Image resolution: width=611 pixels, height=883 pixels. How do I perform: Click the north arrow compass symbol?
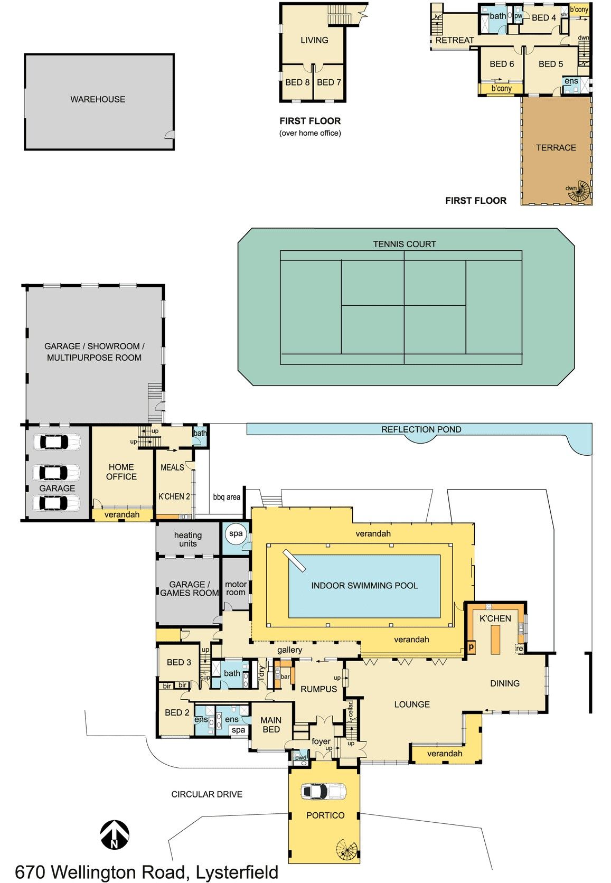pos(114,835)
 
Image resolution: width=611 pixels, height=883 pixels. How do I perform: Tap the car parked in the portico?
pos(324,791)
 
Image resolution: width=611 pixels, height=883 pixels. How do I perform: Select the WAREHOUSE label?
pos(98,99)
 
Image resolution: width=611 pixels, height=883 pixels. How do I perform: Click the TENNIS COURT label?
pos(405,244)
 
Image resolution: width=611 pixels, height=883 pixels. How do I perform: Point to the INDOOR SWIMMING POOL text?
pos(364,585)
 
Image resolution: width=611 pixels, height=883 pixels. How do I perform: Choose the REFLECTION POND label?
pos(421,429)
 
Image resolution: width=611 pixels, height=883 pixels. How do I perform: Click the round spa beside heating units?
pos(236,534)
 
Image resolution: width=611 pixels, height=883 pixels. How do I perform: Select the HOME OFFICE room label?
pos(121,472)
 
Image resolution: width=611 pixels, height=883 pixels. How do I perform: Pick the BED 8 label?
pos(297,82)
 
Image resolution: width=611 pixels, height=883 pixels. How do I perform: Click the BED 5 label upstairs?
pos(551,64)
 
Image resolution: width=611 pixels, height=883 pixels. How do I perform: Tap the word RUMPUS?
pos(318,689)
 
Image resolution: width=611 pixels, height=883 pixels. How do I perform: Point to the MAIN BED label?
pos(271,725)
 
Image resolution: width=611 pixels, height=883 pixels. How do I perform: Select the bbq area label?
pos(226,497)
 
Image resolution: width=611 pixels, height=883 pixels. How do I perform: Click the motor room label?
pos(236,588)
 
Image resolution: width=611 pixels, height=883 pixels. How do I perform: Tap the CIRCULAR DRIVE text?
pos(206,794)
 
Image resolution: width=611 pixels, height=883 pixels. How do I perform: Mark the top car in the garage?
pos(57,442)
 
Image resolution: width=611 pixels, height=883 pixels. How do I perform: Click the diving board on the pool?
pos(294,560)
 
